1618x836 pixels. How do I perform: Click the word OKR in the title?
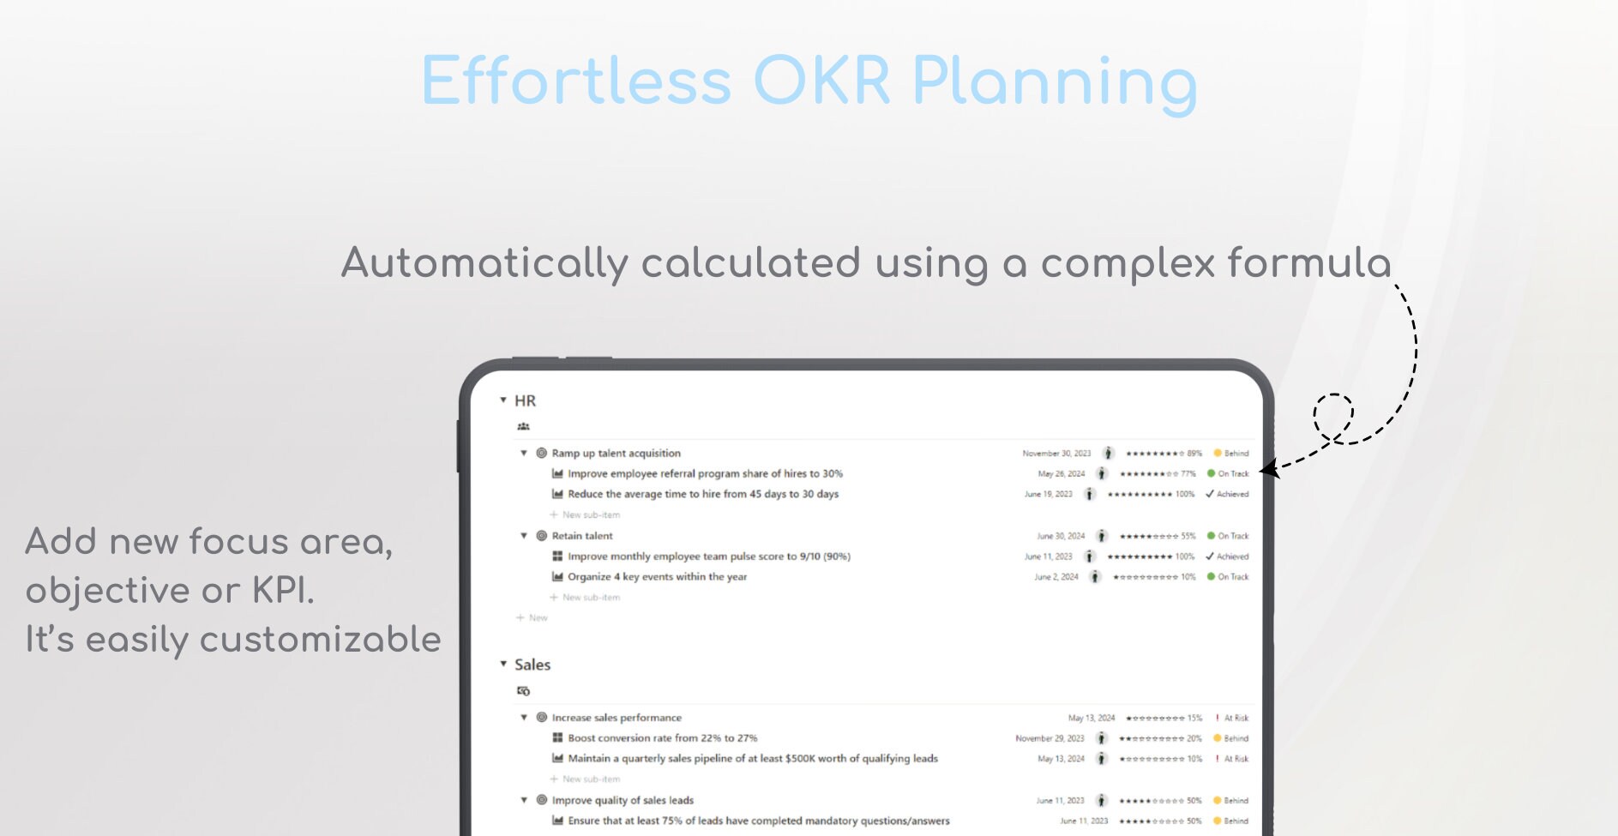coord(821,82)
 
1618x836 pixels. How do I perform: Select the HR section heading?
coord(525,400)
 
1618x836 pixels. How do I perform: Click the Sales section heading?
coord(532,665)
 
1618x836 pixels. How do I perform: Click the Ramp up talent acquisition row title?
coord(616,454)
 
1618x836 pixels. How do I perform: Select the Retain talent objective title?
coord(582,536)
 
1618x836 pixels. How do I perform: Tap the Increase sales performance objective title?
coord(617,718)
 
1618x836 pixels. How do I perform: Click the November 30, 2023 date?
coord(1056,454)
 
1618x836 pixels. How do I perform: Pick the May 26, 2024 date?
coord(1061,474)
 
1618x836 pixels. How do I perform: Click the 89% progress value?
coord(1194,454)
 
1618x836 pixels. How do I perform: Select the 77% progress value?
coord(1188,474)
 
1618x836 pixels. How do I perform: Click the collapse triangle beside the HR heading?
coord(503,400)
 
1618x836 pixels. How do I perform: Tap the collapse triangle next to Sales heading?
coord(503,665)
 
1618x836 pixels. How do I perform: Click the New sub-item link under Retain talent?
coord(590,598)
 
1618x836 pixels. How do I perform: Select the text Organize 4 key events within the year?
coord(657,577)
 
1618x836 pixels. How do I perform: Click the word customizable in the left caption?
coord(320,640)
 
